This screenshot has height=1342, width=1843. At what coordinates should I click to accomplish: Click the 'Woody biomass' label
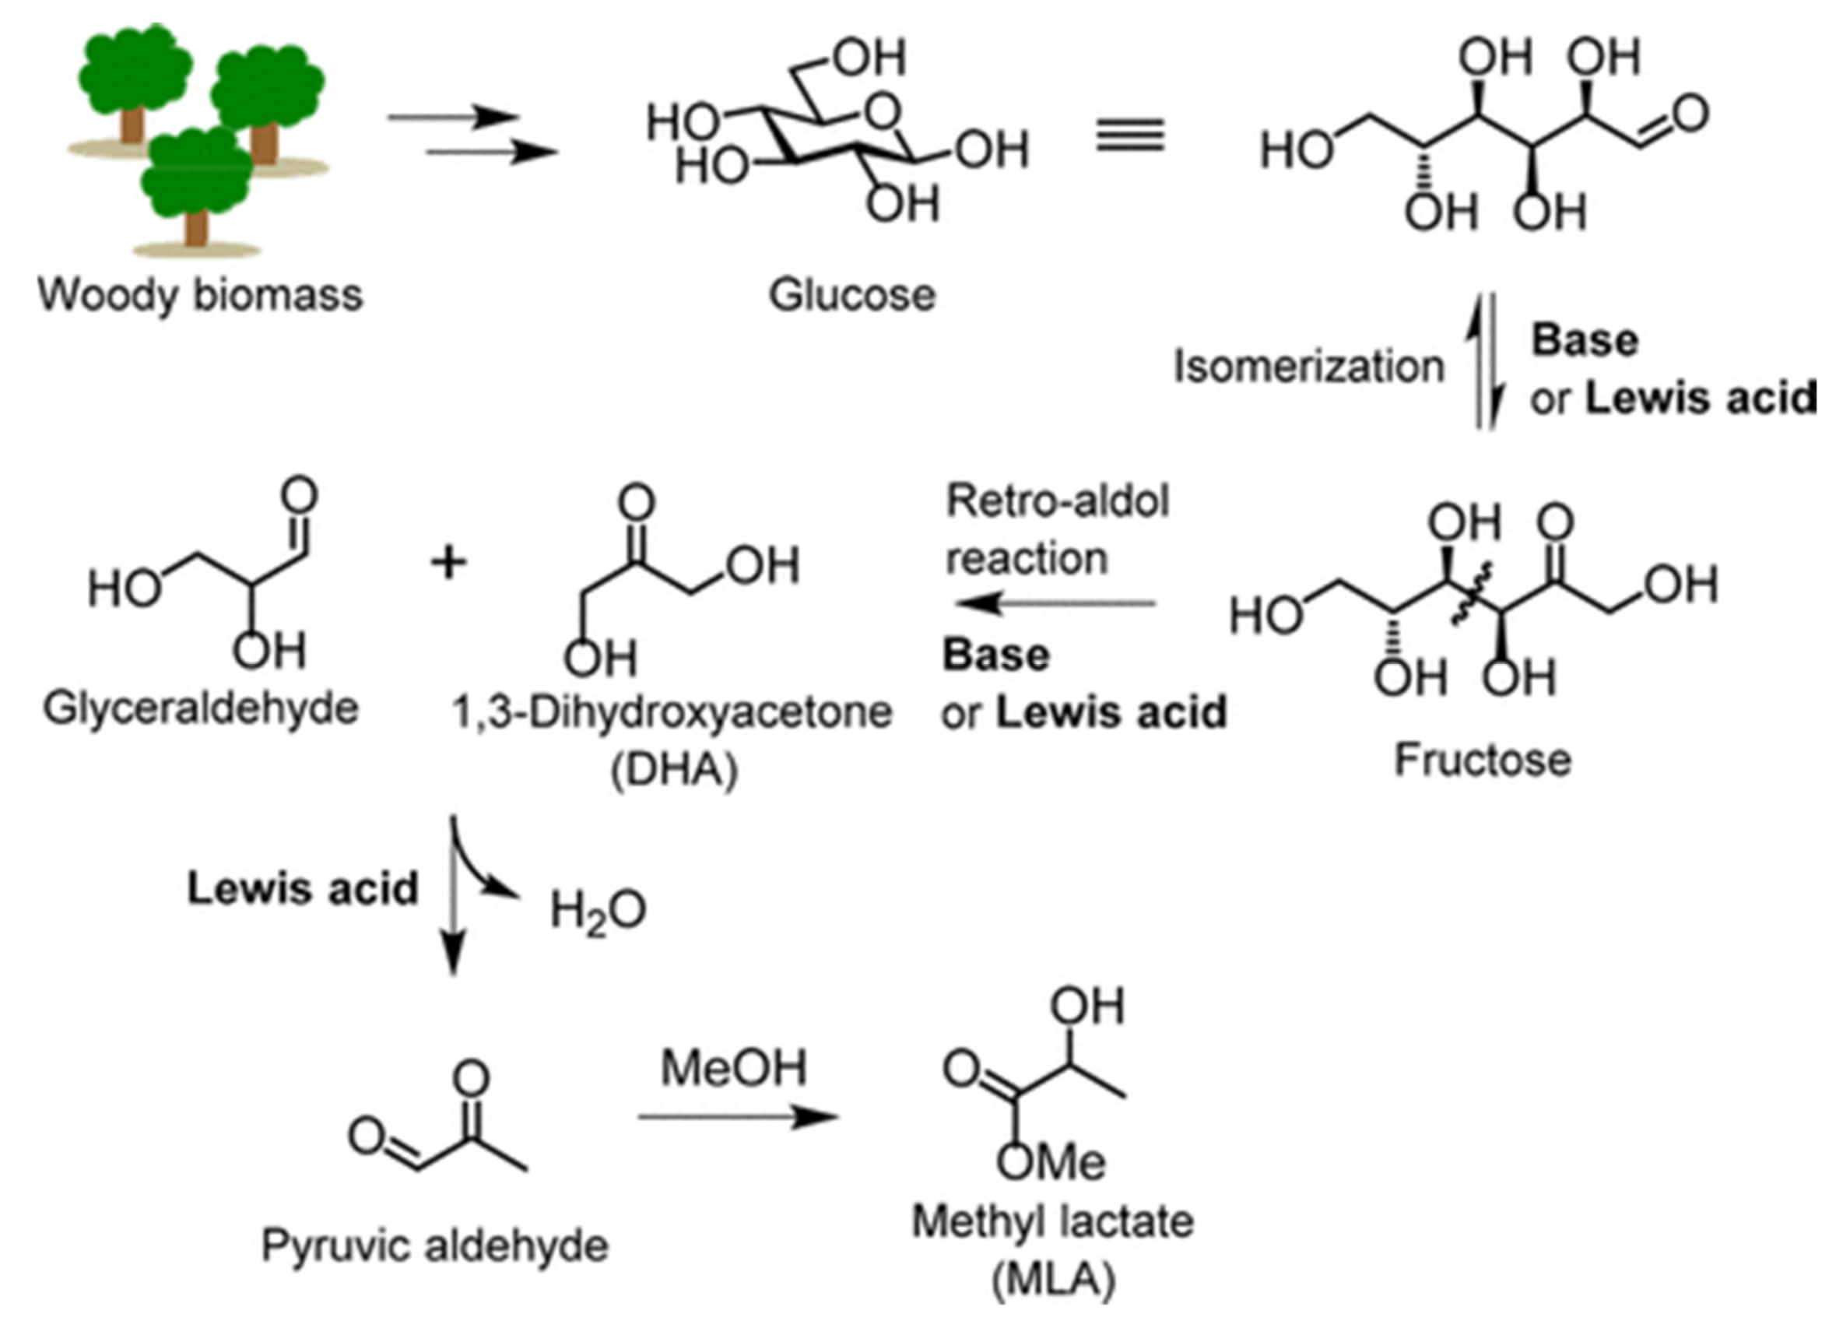(x=200, y=295)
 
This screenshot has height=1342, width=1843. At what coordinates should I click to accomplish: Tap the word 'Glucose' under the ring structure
(x=851, y=295)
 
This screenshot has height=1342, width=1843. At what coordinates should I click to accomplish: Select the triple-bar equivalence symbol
(x=1130, y=135)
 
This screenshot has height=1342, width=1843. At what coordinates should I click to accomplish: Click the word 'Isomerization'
(x=1308, y=367)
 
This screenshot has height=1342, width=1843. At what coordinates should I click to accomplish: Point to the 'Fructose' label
(x=1482, y=761)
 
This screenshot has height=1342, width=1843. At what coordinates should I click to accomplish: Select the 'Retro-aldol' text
(x=1057, y=501)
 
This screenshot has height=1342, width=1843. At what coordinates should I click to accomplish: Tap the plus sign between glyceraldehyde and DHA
(x=448, y=564)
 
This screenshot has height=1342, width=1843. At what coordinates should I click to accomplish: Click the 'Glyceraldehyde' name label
(x=200, y=709)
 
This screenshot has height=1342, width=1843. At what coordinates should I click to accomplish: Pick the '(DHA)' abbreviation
(x=674, y=769)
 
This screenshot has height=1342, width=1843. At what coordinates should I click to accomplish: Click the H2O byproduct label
(x=597, y=912)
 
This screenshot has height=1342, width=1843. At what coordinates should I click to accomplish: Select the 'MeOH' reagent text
(x=733, y=1068)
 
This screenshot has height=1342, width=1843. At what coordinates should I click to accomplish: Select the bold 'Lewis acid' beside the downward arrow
(x=302, y=888)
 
